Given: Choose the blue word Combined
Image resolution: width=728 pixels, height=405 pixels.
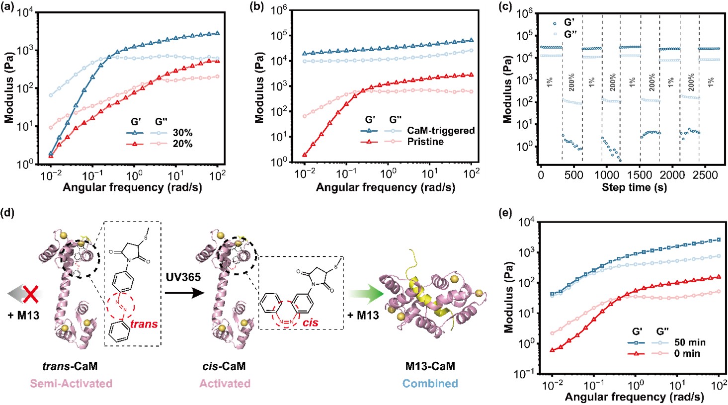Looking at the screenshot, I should click(430, 384).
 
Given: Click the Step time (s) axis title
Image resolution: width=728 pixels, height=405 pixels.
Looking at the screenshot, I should click(634, 187).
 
